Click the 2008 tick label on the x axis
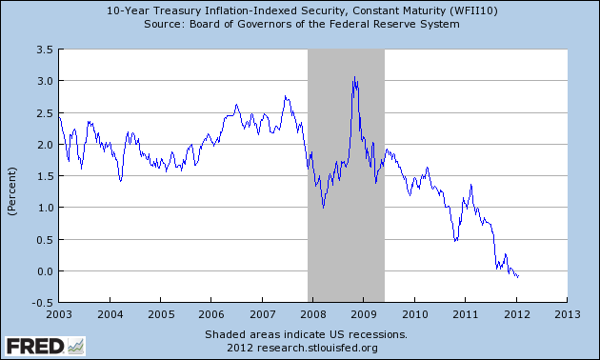(312, 312)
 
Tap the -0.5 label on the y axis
(43, 302)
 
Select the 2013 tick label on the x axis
(567, 312)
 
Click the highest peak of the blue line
(354, 77)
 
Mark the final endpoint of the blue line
(518, 277)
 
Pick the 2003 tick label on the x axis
(59, 312)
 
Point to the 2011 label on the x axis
(465, 312)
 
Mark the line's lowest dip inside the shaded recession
(324, 206)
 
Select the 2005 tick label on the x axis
(160, 312)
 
